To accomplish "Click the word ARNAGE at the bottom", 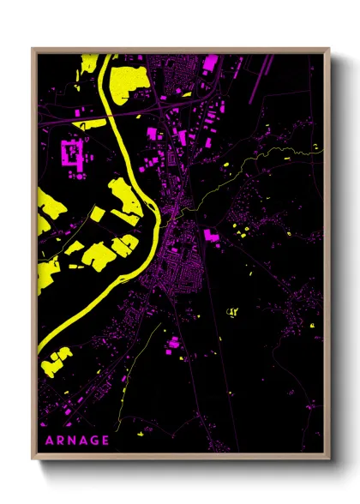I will point(75,441).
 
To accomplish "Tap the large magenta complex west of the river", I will point(70,154).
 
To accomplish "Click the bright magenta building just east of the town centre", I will point(211,233).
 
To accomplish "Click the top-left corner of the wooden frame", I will point(33,49).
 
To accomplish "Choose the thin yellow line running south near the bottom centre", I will point(129,386).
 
